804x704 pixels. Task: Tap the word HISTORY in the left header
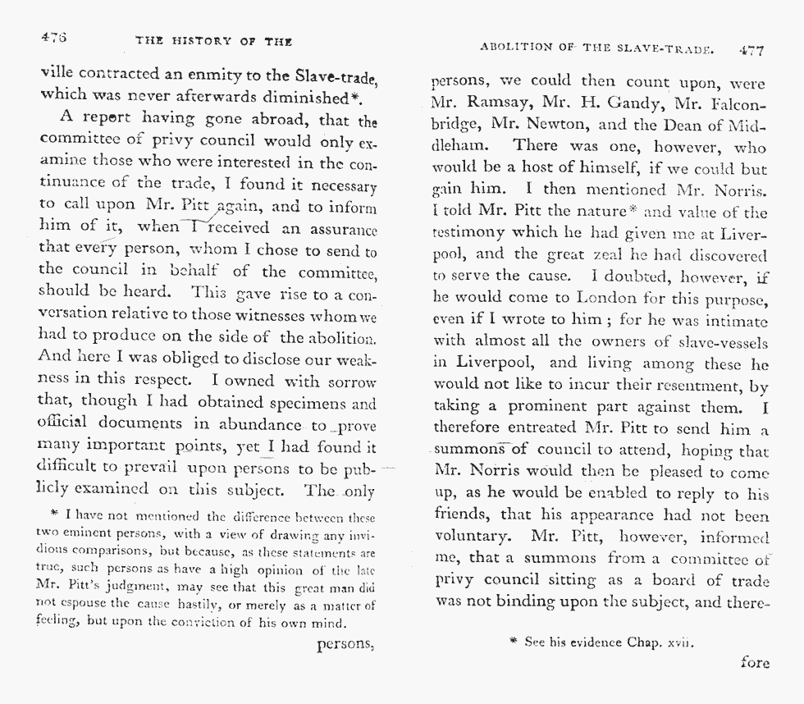(x=203, y=41)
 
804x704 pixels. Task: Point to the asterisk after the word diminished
(x=357, y=96)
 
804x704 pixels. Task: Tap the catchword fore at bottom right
(x=755, y=661)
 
